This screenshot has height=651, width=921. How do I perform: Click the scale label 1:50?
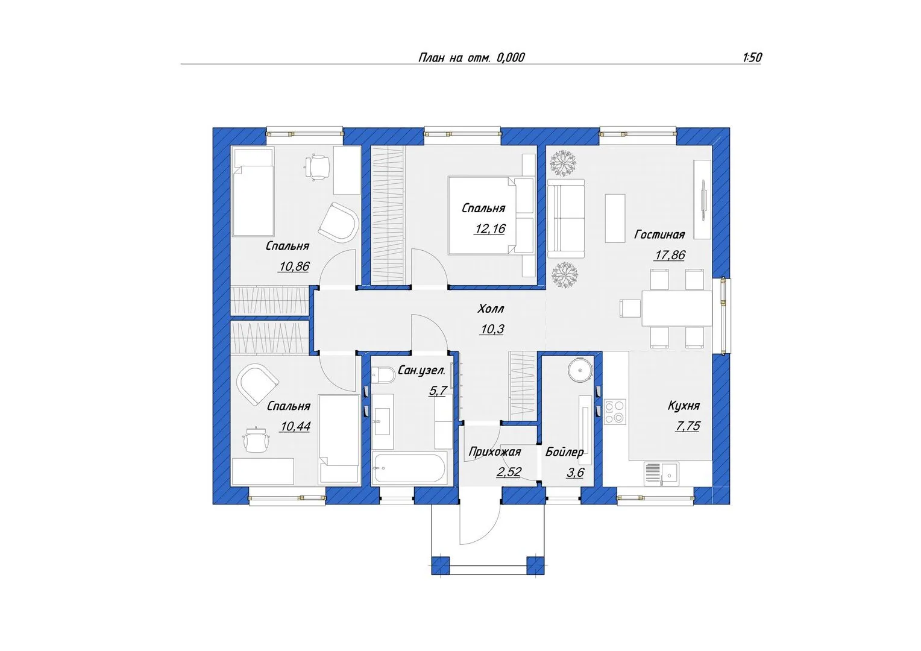pos(752,57)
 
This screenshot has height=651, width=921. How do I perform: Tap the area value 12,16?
pos(489,228)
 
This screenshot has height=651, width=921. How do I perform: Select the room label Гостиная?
pos(659,234)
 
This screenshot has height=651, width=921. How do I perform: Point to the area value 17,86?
pos(670,255)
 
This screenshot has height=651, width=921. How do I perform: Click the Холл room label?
pos(491,309)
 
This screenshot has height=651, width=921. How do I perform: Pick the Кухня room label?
pos(684,406)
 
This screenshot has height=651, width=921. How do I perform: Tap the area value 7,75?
pos(688,426)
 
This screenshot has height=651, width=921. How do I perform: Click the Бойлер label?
pos(564,452)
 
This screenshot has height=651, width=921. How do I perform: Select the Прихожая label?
pos(495,452)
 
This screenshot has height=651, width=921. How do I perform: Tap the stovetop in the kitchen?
pos(615,412)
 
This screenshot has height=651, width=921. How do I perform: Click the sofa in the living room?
pos(566,218)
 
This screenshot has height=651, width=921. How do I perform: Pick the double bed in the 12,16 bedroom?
pos(491,215)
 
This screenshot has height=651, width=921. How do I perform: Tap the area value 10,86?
pos(294,266)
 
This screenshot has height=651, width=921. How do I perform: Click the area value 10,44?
pos(295,426)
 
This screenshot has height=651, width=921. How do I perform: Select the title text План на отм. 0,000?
pos(471,58)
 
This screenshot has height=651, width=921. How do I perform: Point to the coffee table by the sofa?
pos(615,218)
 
